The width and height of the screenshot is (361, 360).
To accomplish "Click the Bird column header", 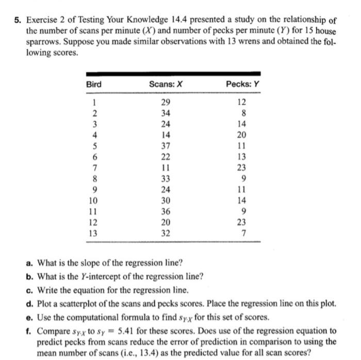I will [94, 84].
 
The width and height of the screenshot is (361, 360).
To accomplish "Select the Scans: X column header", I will [162, 84].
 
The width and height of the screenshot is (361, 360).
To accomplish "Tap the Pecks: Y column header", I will [241, 84].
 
